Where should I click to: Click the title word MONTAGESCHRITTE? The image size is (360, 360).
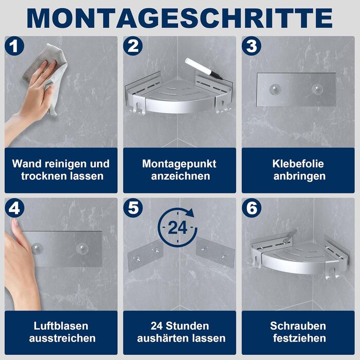coord(180,18)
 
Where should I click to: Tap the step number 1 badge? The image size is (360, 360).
coord(14,46)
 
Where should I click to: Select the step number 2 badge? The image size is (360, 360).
coord(133,46)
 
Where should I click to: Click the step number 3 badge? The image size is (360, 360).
coord(251,46)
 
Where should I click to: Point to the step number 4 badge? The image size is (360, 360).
coord(14,208)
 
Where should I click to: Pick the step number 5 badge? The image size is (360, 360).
coord(133,208)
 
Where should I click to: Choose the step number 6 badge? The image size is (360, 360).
coord(251,208)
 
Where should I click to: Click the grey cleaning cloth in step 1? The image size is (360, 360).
coord(46,76)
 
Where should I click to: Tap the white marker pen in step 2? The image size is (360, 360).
coord(203,68)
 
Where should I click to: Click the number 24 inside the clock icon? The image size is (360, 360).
coord(177,227)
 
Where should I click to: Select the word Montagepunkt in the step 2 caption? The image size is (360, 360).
coord(179,164)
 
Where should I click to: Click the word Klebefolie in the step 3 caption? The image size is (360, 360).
coord(298,164)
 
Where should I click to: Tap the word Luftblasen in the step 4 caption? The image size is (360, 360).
coord(61,326)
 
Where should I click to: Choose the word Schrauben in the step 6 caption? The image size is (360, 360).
coord(298,326)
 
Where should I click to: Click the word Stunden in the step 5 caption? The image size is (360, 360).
coord(187,326)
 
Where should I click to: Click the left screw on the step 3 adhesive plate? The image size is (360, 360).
coord(274,89)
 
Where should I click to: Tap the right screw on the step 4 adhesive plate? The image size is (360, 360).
coord(82,248)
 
